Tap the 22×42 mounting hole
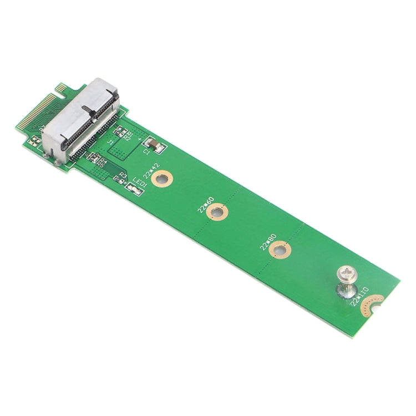(x=162, y=178)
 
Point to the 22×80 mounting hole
(x=281, y=251)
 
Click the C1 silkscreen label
(x=146, y=152)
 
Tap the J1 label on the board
(x=110, y=143)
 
